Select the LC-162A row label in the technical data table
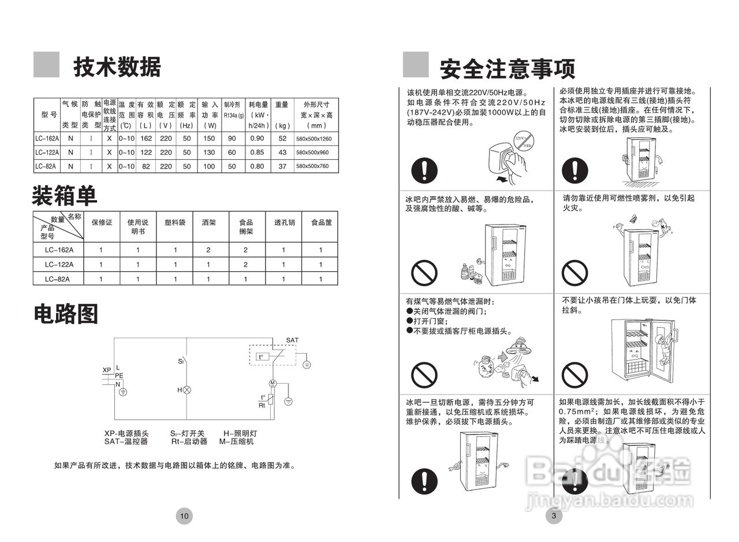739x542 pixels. [x=47, y=139]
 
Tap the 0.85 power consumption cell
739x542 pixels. [x=257, y=152]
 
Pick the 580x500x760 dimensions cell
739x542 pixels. [x=316, y=166]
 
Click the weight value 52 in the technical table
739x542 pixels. [x=282, y=139]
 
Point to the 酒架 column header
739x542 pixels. [x=208, y=222]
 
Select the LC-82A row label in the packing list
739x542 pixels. [x=57, y=279]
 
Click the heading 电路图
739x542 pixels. [x=65, y=313]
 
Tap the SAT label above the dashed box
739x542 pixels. [x=292, y=340]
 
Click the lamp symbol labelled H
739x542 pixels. [x=186, y=390]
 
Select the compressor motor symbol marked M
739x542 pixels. [x=273, y=383]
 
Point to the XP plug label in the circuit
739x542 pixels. [x=107, y=370]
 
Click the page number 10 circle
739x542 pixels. [x=184, y=515]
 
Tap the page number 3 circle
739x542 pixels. [x=554, y=515]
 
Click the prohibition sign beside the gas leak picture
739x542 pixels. [x=424, y=375]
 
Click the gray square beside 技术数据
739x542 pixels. [x=46, y=65]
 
